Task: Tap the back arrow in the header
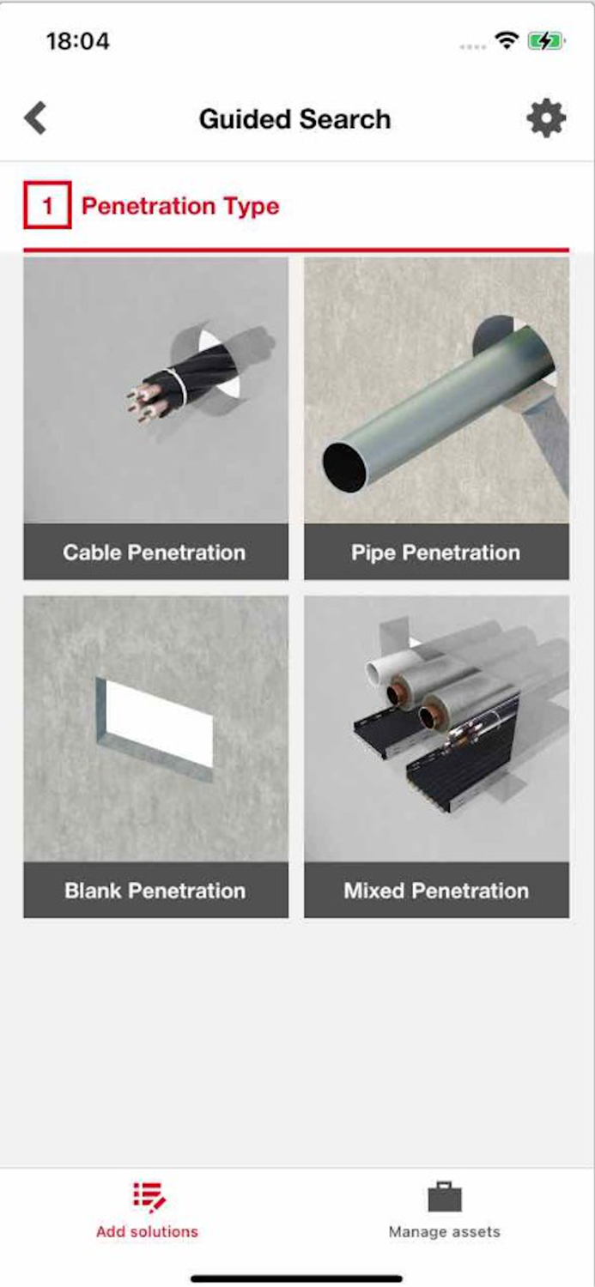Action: click(x=35, y=118)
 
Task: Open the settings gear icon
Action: click(x=546, y=118)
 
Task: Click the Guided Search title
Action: click(x=294, y=119)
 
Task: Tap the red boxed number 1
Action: click(x=47, y=206)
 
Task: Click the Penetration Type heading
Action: click(x=180, y=206)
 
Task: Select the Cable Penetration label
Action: click(x=155, y=553)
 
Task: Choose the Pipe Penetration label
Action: click(x=435, y=553)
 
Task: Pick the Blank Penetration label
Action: click(x=155, y=891)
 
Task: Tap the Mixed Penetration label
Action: click(x=436, y=891)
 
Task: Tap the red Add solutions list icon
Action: click(x=148, y=1197)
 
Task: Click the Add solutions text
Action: click(x=147, y=1232)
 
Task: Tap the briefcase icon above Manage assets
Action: click(x=444, y=1197)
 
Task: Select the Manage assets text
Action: click(x=444, y=1232)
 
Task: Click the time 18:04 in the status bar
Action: click(x=78, y=40)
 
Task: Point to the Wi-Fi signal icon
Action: click(x=507, y=40)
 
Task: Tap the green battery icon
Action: click(x=545, y=40)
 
